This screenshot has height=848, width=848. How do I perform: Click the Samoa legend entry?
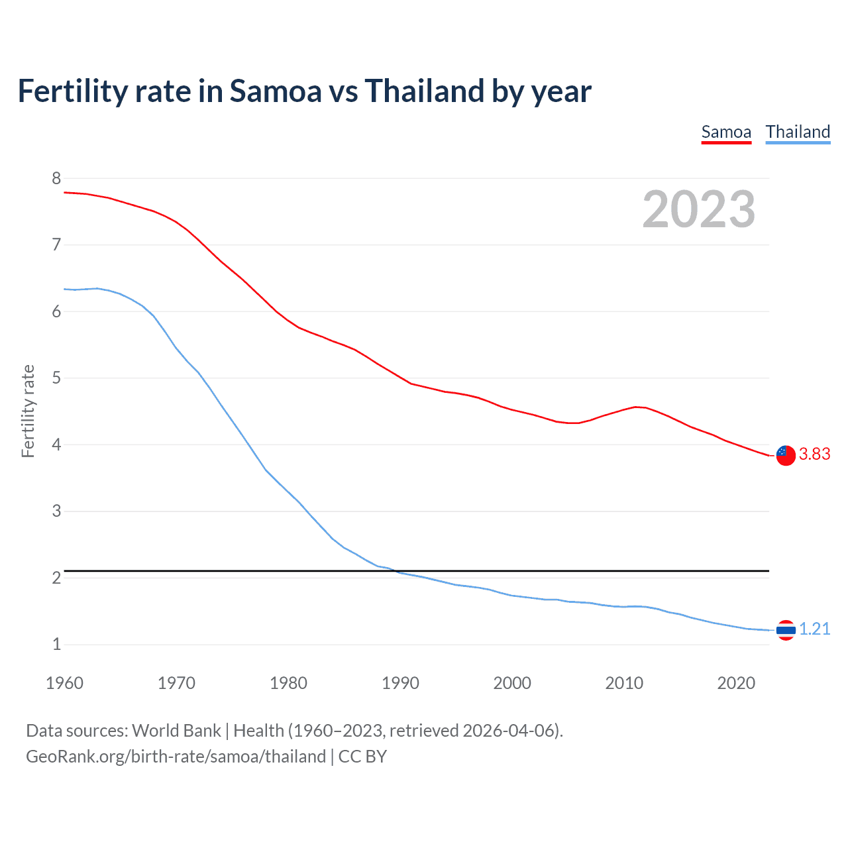[x=726, y=132]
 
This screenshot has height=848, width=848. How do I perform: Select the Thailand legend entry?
[x=798, y=132]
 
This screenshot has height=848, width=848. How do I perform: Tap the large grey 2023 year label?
[x=698, y=209]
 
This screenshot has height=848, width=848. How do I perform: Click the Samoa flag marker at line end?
[x=786, y=455]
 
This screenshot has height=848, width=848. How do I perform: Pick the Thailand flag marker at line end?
[x=786, y=630]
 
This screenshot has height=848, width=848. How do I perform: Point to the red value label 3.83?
[x=814, y=454]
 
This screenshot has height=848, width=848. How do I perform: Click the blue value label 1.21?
[x=814, y=629]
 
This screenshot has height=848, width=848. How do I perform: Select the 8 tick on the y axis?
[x=56, y=178]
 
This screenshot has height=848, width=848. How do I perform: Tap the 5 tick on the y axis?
[x=56, y=378]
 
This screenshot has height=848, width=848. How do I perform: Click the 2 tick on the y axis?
[x=56, y=578]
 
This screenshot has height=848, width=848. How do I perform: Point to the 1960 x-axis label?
[x=64, y=683]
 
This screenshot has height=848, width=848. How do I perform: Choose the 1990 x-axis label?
[x=400, y=683]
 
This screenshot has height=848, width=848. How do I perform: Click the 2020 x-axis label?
[x=736, y=683]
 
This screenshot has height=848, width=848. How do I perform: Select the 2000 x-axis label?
[x=512, y=683]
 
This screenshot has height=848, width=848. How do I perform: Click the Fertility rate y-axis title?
[x=28, y=411]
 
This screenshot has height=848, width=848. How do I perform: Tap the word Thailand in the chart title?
[x=423, y=91]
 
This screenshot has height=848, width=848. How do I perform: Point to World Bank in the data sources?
[x=176, y=731]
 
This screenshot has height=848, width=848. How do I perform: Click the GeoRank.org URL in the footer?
[x=176, y=757]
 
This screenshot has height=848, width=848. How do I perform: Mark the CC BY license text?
[x=362, y=757]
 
